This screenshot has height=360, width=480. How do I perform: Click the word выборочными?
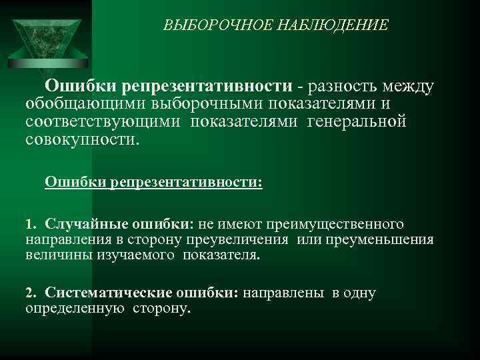coord(207,105)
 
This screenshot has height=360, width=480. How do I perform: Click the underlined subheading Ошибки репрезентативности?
coord(153,182)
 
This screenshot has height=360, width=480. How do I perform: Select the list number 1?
coord(30,221)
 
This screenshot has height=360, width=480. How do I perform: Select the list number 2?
coord(30,293)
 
